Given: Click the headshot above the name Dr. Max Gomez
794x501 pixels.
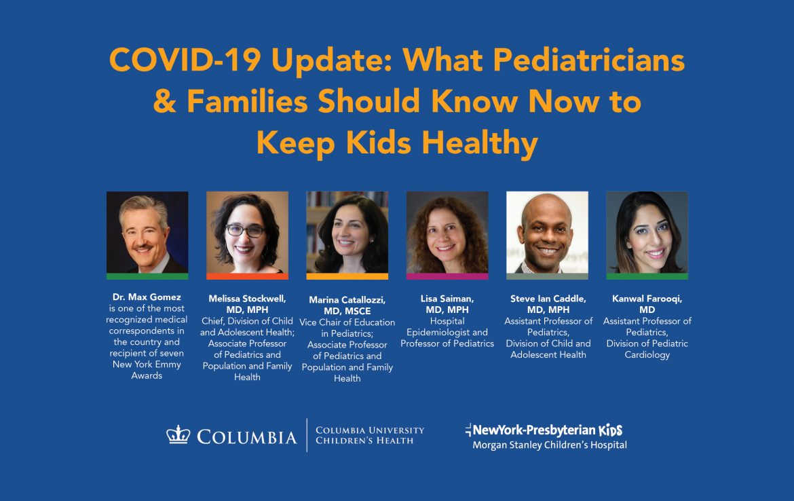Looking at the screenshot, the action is (x=147, y=233).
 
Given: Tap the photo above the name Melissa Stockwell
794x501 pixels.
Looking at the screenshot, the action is (x=247, y=233).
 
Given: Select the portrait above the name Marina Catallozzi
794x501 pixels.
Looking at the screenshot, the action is (x=347, y=233).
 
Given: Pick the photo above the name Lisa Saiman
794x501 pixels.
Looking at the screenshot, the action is (x=447, y=233).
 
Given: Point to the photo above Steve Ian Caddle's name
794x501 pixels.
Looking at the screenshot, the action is (x=548, y=233).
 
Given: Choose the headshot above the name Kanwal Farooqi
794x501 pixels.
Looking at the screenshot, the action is (x=647, y=233).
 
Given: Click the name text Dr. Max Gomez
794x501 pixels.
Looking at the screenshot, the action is (x=147, y=297).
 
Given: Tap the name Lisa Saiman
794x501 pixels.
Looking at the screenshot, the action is (x=447, y=299).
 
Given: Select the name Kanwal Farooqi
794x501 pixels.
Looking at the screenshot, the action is (x=647, y=299).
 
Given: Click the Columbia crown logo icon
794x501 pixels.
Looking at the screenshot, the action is (x=178, y=435).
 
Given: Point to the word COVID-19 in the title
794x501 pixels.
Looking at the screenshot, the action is (x=185, y=60).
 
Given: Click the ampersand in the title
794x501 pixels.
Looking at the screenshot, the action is (x=165, y=101).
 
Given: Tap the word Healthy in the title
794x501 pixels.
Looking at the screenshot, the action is (x=480, y=143).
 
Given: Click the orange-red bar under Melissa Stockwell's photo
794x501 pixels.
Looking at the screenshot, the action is (x=247, y=276).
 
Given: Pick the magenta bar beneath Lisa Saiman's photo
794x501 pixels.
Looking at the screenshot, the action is (x=447, y=276).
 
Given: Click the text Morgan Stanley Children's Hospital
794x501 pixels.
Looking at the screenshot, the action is (x=550, y=445).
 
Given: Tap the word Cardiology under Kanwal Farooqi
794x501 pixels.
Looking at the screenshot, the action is (x=647, y=354).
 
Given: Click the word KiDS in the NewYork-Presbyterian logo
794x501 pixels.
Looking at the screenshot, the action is (x=611, y=430).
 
